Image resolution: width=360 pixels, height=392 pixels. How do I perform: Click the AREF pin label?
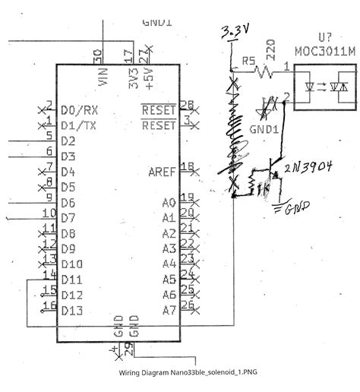(163, 172)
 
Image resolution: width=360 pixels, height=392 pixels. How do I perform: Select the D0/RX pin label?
(78, 110)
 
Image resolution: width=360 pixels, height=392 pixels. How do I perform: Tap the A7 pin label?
(169, 310)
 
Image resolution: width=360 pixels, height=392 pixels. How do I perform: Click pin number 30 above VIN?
(97, 55)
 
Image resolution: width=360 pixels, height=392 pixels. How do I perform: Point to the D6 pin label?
(68, 203)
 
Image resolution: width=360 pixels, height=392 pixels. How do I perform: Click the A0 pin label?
(169, 203)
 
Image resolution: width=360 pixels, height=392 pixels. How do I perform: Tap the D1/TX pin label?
(78, 125)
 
